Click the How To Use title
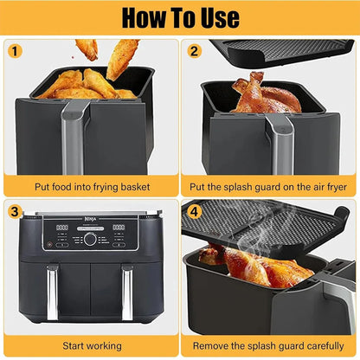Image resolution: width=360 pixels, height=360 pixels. coord(179,16)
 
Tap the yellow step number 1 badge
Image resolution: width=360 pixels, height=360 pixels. coord(15,51)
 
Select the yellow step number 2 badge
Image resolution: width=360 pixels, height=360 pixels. coord(196,51)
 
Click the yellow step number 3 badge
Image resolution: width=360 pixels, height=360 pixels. coord(15,211)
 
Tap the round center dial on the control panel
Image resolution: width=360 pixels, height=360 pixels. coord(90,238)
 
